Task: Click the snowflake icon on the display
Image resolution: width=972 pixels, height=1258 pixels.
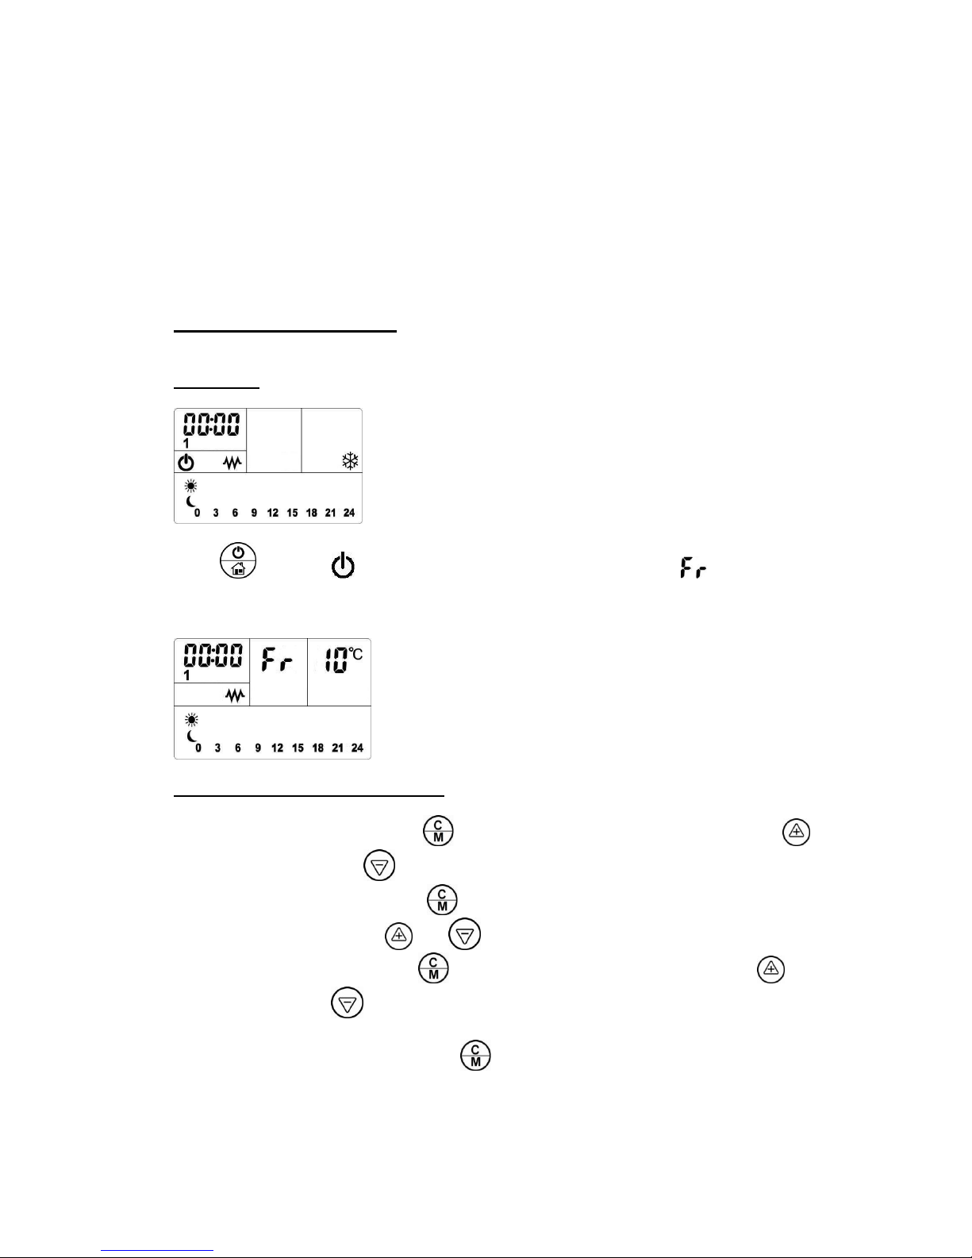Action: pos(350,461)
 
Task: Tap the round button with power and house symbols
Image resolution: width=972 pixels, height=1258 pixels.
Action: pos(238,560)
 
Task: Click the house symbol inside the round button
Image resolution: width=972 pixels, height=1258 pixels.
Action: pos(238,569)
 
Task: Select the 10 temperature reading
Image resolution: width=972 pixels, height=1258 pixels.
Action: pos(336,660)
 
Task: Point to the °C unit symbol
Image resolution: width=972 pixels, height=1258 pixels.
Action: pos(355,654)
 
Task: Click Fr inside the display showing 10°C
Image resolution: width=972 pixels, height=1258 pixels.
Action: pos(277,660)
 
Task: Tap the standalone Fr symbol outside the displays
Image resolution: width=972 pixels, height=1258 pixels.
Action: pos(693,567)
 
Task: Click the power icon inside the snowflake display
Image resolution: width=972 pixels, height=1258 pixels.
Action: pos(186,463)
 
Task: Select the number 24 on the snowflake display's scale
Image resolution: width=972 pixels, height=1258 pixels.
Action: pos(349,513)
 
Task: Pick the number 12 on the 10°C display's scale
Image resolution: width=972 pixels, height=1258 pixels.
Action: pos(277,748)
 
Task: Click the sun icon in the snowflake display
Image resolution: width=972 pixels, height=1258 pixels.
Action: pos(190,486)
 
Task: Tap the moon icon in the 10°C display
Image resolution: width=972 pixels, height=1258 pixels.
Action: pos(192,736)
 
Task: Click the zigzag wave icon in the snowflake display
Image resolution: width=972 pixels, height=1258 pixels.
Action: pos(232,463)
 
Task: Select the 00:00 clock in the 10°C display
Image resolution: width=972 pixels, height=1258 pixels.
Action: pos(213,656)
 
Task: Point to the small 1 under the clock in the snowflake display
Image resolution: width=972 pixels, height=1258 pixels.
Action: pos(186,444)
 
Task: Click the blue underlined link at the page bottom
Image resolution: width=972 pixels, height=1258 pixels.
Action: pos(157,1250)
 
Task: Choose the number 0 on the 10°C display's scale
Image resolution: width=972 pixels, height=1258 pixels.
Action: pos(198,748)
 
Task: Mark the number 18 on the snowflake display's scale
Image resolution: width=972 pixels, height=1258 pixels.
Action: pos(311,513)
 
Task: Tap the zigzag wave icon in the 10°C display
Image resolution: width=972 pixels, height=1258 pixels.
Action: pos(235,695)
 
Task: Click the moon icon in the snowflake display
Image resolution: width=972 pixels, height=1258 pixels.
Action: pos(191,502)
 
